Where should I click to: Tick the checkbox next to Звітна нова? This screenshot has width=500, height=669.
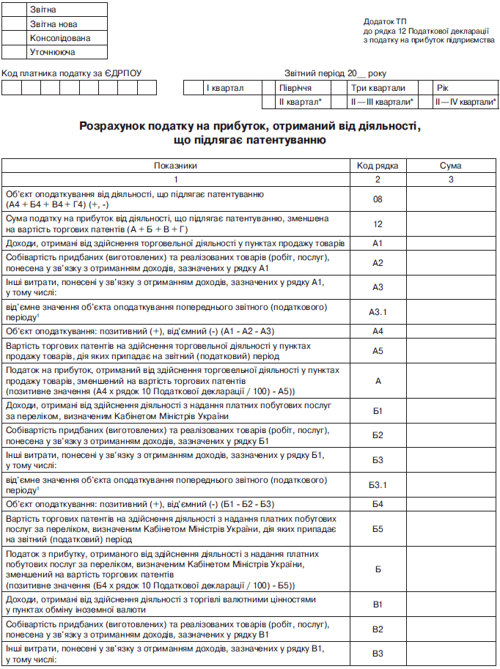(15, 24)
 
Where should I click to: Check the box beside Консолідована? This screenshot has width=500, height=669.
(15, 38)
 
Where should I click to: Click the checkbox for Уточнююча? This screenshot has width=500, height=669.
(15, 52)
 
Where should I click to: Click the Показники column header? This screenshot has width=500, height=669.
(175, 166)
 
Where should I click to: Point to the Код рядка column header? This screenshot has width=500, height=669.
(378, 166)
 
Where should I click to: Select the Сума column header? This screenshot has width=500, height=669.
(450, 166)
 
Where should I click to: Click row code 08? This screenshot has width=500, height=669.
(378, 199)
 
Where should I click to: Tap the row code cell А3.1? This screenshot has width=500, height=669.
(378, 311)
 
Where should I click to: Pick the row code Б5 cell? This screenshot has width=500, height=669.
(378, 528)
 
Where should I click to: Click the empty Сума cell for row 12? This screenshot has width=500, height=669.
(450, 223)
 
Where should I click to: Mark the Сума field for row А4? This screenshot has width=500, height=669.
(450, 330)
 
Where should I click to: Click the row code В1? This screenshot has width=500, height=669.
(378, 605)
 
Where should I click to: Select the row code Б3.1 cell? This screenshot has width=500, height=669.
(378, 484)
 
